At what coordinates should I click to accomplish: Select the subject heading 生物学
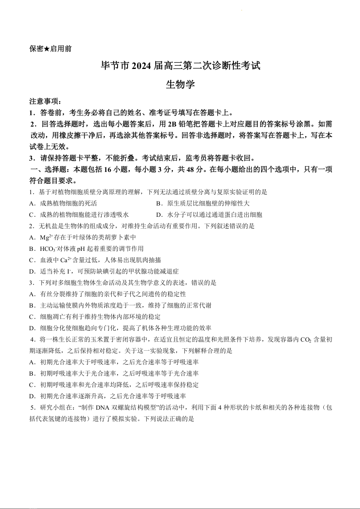tap(180, 84)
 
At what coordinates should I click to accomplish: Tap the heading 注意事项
tap(44, 102)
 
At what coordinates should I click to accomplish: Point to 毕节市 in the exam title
tap(115, 66)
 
